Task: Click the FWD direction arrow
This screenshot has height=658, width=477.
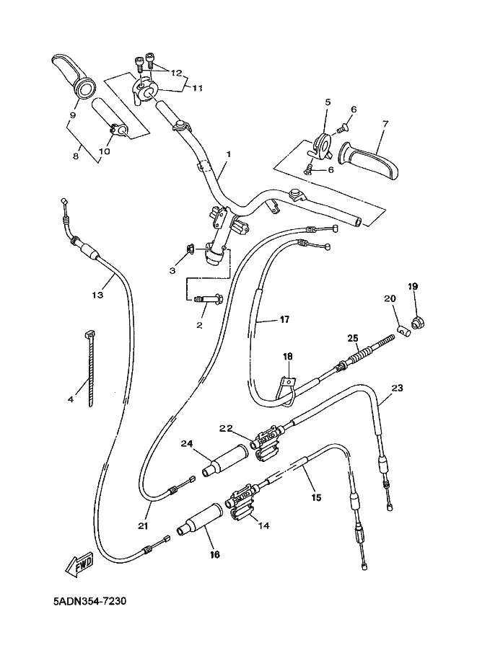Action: point(79,563)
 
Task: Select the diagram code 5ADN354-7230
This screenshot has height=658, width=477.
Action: point(89,602)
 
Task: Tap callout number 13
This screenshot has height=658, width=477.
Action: point(97,295)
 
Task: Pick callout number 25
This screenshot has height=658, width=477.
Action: point(353,338)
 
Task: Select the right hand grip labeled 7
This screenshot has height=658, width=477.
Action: point(369,162)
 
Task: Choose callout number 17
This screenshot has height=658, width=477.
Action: point(284,319)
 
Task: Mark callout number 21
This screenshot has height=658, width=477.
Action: point(143,525)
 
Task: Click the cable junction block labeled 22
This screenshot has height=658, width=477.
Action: point(267,443)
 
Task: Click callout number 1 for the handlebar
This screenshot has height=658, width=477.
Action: point(228,154)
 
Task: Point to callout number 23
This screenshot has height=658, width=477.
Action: point(397,388)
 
